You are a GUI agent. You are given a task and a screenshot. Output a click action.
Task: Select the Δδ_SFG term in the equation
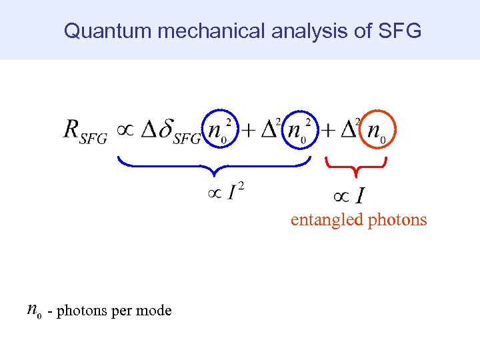coord(169,131)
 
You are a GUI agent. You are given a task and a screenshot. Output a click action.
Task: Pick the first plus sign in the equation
coord(249,131)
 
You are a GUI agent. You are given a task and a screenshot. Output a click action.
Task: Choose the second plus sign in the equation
coord(328,131)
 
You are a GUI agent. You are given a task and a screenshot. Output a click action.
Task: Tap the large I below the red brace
coord(360,196)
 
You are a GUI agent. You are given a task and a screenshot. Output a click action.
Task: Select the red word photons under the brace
coord(398,219)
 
